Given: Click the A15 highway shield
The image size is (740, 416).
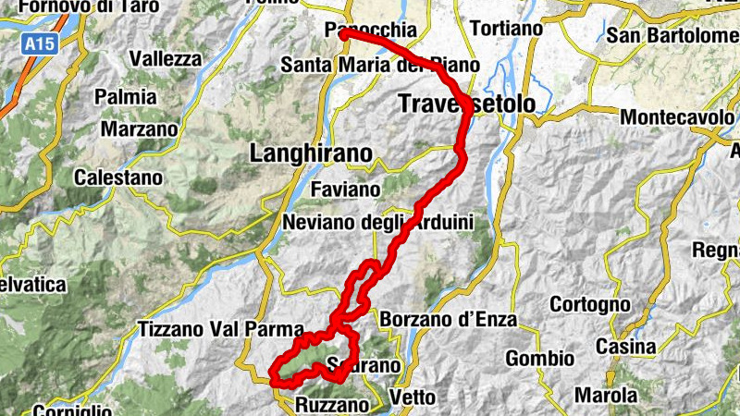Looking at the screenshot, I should (38, 43).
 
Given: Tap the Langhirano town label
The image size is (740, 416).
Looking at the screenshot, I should (311, 153).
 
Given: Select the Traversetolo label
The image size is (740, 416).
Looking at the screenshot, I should (466, 104).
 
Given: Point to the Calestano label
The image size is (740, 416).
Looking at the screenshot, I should (118, 177).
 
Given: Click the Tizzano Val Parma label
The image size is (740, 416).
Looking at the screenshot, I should (221, 329).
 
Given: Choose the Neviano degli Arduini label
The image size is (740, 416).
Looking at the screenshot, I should (377, 222).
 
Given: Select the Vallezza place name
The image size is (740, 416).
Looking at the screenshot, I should (166, 58).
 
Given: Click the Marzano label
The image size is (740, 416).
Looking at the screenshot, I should (140, 128).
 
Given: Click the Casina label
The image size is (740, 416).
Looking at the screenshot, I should (625, 347).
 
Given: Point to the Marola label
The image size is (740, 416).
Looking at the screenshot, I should (606, 395).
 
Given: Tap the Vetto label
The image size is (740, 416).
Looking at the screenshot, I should (413, 397).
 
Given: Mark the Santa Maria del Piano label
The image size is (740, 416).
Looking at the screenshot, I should (380, 66).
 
